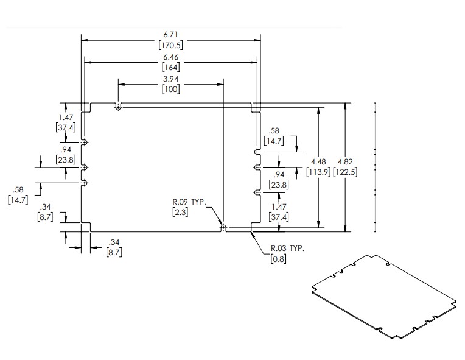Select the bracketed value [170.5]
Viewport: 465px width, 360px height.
[170, 44]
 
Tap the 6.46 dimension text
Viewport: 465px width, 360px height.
[170, 58]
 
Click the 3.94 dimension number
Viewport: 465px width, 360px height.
[170, 80]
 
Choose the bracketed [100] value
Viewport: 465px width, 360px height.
[170, 90]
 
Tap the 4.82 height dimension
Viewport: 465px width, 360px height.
[346, 161]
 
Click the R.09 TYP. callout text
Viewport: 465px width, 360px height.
[188, 202]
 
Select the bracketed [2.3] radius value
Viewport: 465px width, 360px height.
[180, 211]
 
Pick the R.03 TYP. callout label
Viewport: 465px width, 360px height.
[287, 249]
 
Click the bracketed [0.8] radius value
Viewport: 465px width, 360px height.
[278, 258]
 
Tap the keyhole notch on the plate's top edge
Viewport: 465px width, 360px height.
[117, 107]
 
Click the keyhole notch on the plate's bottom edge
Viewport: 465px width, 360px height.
[223, 228]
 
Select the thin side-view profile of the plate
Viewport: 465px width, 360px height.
[376, 167]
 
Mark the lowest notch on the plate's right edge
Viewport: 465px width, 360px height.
[257, 192]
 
